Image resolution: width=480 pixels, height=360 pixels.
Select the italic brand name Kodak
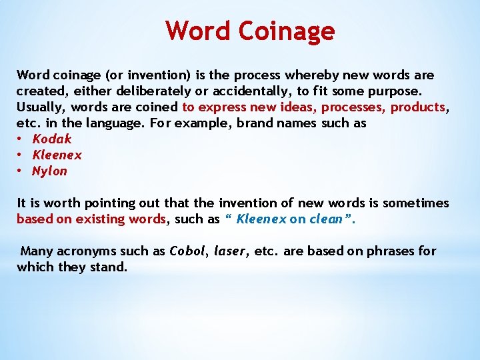[x=51, y=139]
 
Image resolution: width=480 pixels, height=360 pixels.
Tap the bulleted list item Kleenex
[x=57, y=155]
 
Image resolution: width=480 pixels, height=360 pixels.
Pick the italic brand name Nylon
[x=49, y=171]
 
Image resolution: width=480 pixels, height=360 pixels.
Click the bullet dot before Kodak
[x=21, y=139]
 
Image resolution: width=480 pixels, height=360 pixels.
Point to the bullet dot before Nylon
[x=21, y=171]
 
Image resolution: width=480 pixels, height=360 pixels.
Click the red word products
[x=417, y=107]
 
